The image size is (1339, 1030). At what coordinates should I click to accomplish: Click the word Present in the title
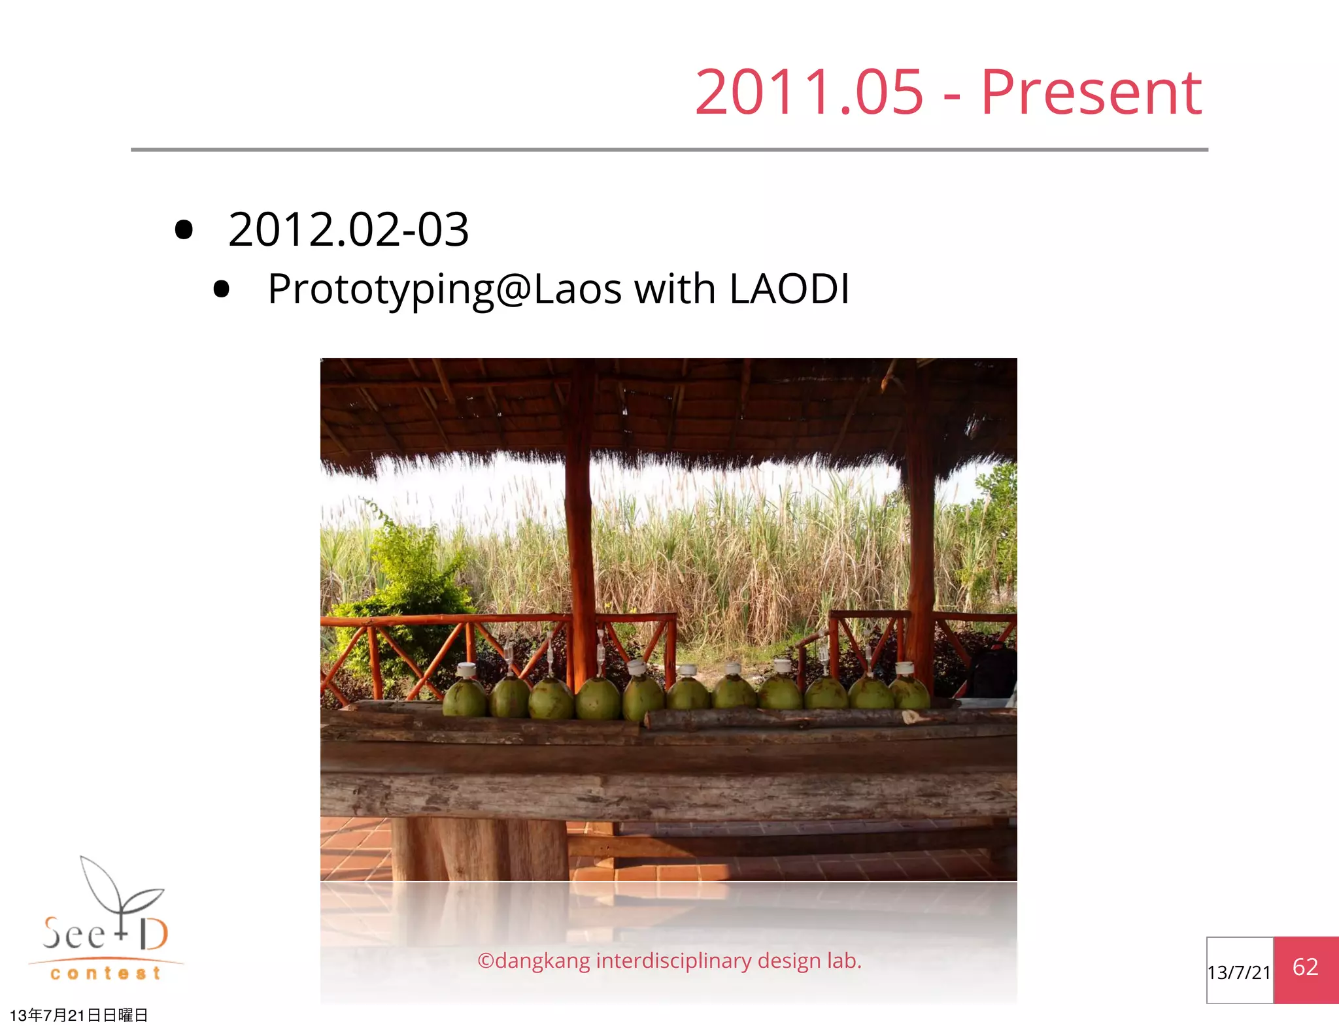point(1091,93)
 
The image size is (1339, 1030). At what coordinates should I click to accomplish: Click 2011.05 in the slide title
point(809,93)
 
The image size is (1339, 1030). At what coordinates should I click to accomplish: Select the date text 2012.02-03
point(348,230)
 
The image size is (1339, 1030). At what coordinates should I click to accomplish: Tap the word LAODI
point(789,289)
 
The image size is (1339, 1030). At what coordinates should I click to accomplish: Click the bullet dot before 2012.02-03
point(184,230)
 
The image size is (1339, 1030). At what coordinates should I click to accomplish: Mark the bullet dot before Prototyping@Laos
point(222,290)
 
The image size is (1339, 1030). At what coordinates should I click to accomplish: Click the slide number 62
point(1305,967)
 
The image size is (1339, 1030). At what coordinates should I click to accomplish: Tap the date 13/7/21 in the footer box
point(1239,972)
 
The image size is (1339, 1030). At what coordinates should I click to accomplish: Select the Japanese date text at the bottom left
point(78,1015)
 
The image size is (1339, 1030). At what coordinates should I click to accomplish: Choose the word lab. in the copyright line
point(844,961)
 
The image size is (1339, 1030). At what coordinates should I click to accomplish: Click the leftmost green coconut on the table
point(465,698)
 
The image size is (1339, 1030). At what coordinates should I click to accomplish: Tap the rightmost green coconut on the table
point(909,693)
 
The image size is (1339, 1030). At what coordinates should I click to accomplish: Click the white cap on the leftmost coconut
point(466,669)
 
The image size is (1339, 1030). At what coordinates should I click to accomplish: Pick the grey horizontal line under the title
point(669,150)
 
